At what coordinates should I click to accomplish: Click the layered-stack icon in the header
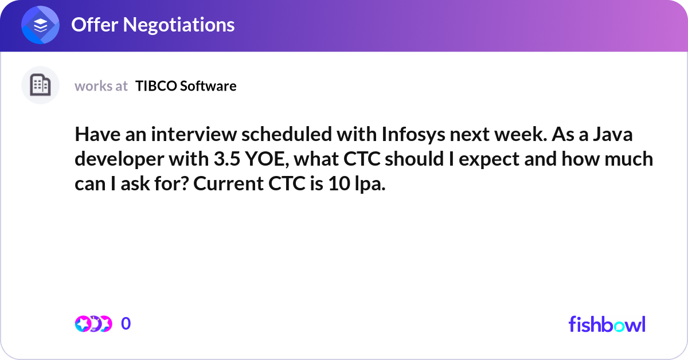tap(41, 25)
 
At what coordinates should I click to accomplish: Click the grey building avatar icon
tap(40, 85)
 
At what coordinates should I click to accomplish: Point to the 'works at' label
tap(101, 86)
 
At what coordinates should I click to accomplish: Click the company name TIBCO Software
tap(186, 86)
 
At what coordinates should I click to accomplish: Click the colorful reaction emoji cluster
tap(93, 324)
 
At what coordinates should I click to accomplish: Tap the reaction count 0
tap(126, 324)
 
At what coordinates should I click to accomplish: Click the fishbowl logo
tap(607, 324)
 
